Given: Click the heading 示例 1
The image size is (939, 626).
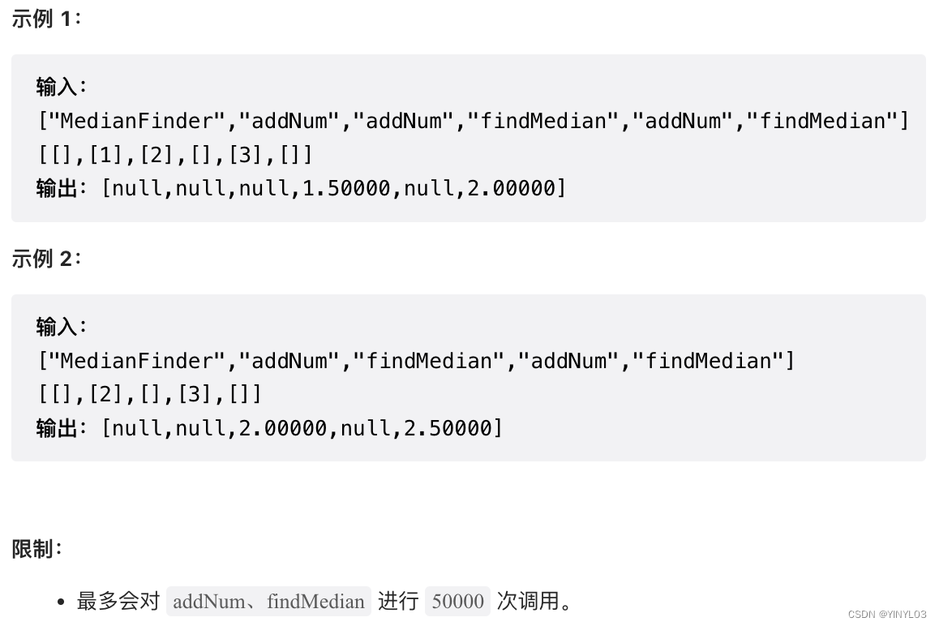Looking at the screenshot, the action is pos(46,19).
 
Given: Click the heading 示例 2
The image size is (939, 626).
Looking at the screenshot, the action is pos(46,259).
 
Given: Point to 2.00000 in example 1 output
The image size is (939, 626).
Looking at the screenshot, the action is pos(511,188).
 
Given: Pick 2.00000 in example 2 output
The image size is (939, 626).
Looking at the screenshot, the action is pos(282,427).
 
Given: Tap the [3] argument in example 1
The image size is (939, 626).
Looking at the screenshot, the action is pos(245,154).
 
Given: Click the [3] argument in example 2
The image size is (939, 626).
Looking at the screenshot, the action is pos(195,394).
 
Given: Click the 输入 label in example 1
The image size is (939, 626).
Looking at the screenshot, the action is pos(58,87).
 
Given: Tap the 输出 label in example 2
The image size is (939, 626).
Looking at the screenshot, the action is pos(58,427).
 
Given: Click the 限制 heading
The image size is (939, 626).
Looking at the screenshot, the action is pos(36,549).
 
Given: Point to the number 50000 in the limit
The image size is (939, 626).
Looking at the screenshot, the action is pos(457,601).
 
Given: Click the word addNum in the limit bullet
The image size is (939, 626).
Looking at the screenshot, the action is pos(209,601).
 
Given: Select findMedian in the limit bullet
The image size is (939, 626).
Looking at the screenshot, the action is pos(315,601).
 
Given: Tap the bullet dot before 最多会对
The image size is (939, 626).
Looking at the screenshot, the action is pos(62,602).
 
